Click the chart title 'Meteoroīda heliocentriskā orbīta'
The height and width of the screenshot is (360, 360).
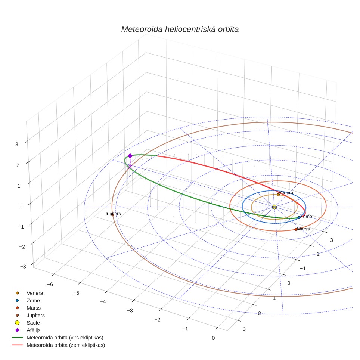pyautogui.click(x=180, y=29)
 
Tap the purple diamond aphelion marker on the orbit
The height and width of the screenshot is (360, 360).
pyautogui.click(x=130, y=156)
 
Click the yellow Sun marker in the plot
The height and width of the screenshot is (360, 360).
pyautogui.click(x=274, y=207)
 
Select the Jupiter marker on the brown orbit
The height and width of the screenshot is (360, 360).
pyautogui.click(x=112, y=215)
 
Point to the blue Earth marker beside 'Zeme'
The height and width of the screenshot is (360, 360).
pyautogui.click(x=299, y=217)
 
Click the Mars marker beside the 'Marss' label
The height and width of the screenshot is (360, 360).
pyautogui.click(x=296, y=229)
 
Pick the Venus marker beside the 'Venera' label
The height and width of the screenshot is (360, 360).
pyautogui.click(x=278, y=195)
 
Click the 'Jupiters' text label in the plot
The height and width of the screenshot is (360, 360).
pyautogui.click(x=112, y=214)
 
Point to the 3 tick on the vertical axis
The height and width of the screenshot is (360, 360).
pyautogui.click(x=17, y=144)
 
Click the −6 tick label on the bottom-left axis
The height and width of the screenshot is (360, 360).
pyautogui.click(x=50, y=284)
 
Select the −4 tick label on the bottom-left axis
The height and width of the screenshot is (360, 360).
pyautogui.click(x=103, y=302)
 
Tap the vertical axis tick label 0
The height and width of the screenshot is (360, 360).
pyautogui.click(x=20, y=207)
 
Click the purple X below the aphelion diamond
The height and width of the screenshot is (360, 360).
pyautogui.click(x=130, y=166)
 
